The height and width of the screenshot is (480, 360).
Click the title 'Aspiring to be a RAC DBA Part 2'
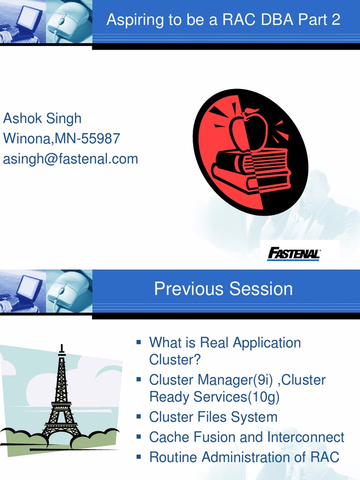223,20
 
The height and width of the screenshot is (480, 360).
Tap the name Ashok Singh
42,119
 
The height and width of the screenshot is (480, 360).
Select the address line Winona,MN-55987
61,139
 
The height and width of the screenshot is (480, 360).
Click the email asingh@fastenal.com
70,159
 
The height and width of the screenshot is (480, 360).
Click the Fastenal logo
293,254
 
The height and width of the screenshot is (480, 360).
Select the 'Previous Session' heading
223,289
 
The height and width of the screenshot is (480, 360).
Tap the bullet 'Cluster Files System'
213,417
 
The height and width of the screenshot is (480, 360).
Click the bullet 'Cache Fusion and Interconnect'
247,437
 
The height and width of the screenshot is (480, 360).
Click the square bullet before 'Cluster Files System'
139,416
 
